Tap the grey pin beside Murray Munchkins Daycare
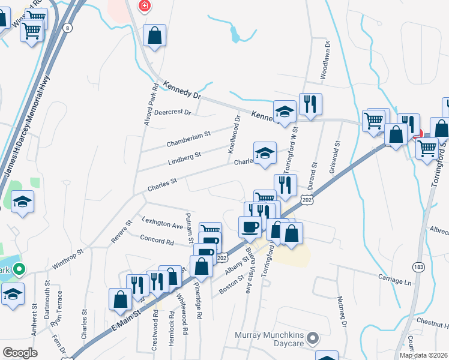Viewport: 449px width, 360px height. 312,340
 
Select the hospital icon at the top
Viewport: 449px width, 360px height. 144,7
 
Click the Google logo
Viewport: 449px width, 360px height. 20,353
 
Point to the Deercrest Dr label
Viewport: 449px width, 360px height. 172,112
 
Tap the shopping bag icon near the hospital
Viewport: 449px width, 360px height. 155,35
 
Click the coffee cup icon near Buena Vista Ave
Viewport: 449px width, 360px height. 249,227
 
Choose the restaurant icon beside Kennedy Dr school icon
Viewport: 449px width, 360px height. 310,104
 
